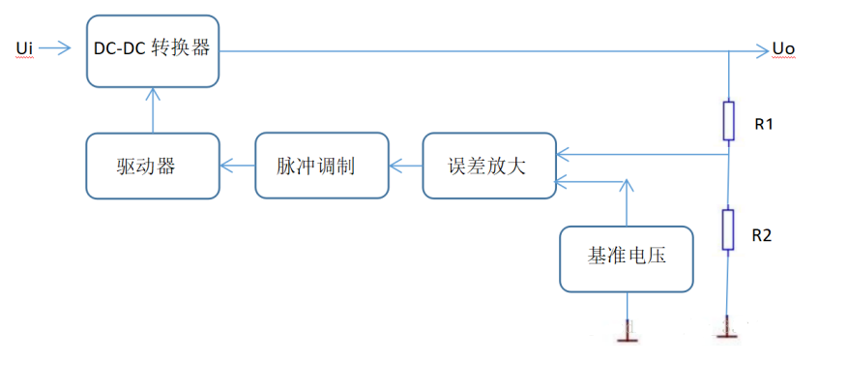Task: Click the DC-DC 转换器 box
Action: point(152,49)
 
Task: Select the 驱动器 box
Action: point(152,167)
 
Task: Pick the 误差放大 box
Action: point(487,167)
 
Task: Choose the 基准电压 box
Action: point(627,258)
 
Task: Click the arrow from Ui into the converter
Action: point(59,47)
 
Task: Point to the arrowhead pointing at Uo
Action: point(760,49)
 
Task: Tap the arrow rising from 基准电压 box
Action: point(628,202)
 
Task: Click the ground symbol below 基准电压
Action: point(628,336)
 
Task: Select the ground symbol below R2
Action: point(727,335)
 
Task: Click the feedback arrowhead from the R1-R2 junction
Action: point(562,152)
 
